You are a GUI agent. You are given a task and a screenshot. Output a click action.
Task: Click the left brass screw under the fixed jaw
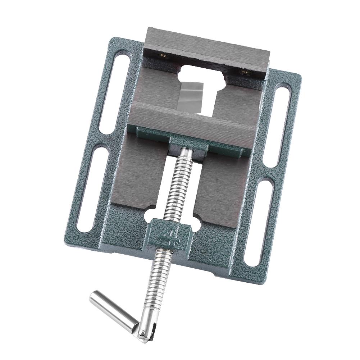(163, 55)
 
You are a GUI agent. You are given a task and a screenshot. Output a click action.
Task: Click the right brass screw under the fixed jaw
(246, 72)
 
